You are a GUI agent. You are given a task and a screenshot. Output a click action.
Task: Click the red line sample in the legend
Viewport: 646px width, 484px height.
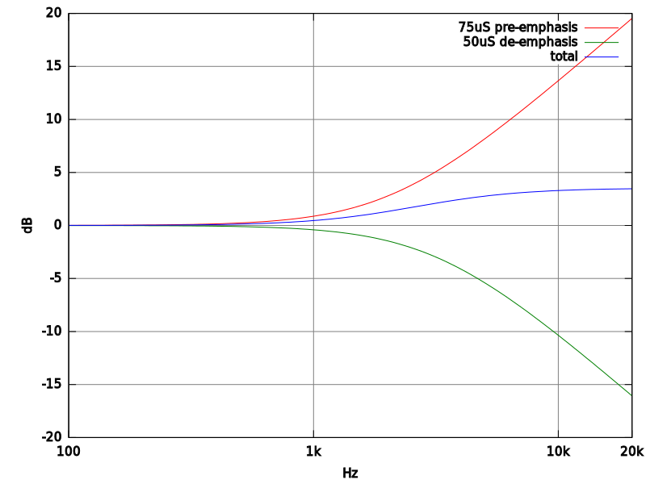tap(602, 28)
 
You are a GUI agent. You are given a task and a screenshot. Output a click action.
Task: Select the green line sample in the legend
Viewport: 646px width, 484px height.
tap(602, 42)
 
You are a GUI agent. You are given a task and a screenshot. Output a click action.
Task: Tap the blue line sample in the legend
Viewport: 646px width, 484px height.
tap(602, 57)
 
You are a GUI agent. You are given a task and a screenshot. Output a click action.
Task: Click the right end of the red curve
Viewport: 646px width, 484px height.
tap(631, 19)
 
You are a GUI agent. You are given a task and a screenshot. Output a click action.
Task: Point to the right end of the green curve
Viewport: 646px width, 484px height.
tap(631, 395)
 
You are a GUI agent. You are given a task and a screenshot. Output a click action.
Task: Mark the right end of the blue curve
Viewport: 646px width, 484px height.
tap(631, 189)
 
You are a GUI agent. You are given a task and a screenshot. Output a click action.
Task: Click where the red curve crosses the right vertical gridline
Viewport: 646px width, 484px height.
tap(557, 81)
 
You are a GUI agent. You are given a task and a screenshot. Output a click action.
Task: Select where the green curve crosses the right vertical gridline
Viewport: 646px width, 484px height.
tap(557, 334)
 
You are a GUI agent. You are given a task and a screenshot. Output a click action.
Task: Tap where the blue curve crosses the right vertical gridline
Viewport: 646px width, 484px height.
tap(557, 190)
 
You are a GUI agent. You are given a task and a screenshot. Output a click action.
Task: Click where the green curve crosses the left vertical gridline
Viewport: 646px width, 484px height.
tap(313, 230)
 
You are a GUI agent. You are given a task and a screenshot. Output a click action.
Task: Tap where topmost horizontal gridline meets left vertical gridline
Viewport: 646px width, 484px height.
tap(313, 66)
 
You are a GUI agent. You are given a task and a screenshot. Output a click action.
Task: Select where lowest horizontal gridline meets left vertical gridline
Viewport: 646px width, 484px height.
tap(313, 385)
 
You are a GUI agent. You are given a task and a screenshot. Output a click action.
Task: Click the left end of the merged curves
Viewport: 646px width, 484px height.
tap(69, 225)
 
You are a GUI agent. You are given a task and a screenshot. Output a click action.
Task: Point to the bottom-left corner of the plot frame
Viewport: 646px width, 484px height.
tap(69, 436)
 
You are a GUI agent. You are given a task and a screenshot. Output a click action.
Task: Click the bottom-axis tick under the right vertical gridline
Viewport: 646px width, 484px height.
tap(557, 434)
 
